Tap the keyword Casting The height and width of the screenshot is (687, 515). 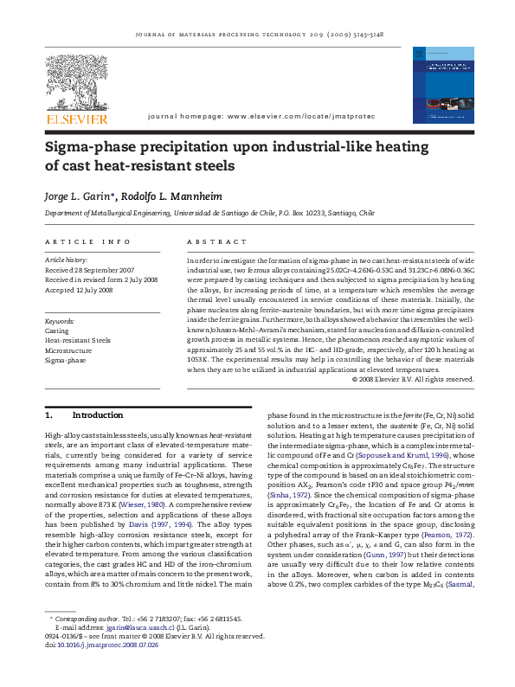57,331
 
